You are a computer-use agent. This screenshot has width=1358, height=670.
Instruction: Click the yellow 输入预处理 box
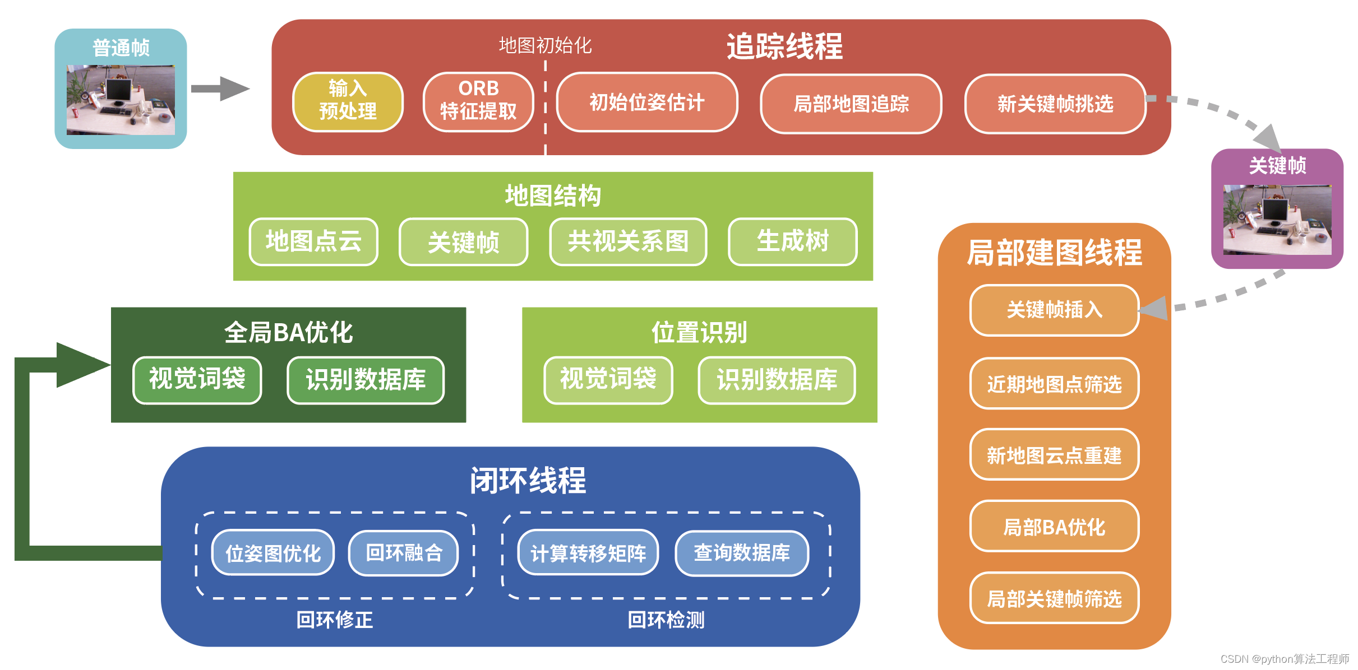(348, 102)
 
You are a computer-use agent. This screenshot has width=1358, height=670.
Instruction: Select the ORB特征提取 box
(478, 102)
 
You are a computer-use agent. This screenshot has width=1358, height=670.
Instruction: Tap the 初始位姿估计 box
(646, 103)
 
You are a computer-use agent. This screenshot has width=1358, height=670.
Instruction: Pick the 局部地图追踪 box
(851, 104)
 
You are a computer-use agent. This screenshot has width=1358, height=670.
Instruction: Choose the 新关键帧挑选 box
(1055, 104)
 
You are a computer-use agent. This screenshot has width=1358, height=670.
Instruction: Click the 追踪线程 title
(784, 46)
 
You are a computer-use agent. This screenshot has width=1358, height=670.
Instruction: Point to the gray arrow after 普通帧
(220, 89)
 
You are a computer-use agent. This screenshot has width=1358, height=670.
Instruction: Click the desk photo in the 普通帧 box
(121, 100)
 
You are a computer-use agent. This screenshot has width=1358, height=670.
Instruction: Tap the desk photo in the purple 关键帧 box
(1277, 220)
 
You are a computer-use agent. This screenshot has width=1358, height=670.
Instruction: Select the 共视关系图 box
(628, 241)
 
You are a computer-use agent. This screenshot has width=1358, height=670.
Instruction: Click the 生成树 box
(792, 241)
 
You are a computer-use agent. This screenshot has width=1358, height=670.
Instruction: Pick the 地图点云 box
(313, 241)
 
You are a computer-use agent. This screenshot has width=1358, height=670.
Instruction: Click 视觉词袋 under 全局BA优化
(197, 380)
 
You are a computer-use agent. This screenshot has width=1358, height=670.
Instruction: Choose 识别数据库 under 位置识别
(777, 380)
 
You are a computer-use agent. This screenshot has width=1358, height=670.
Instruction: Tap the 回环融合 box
(404, 553)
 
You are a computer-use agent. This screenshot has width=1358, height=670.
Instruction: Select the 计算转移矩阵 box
(588, 553)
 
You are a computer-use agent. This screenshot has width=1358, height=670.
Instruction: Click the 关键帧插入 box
(1054, 310)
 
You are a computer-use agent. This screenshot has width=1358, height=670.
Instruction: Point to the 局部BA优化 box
(1054, 527)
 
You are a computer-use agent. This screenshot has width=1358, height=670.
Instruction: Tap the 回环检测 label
(666, 620)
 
